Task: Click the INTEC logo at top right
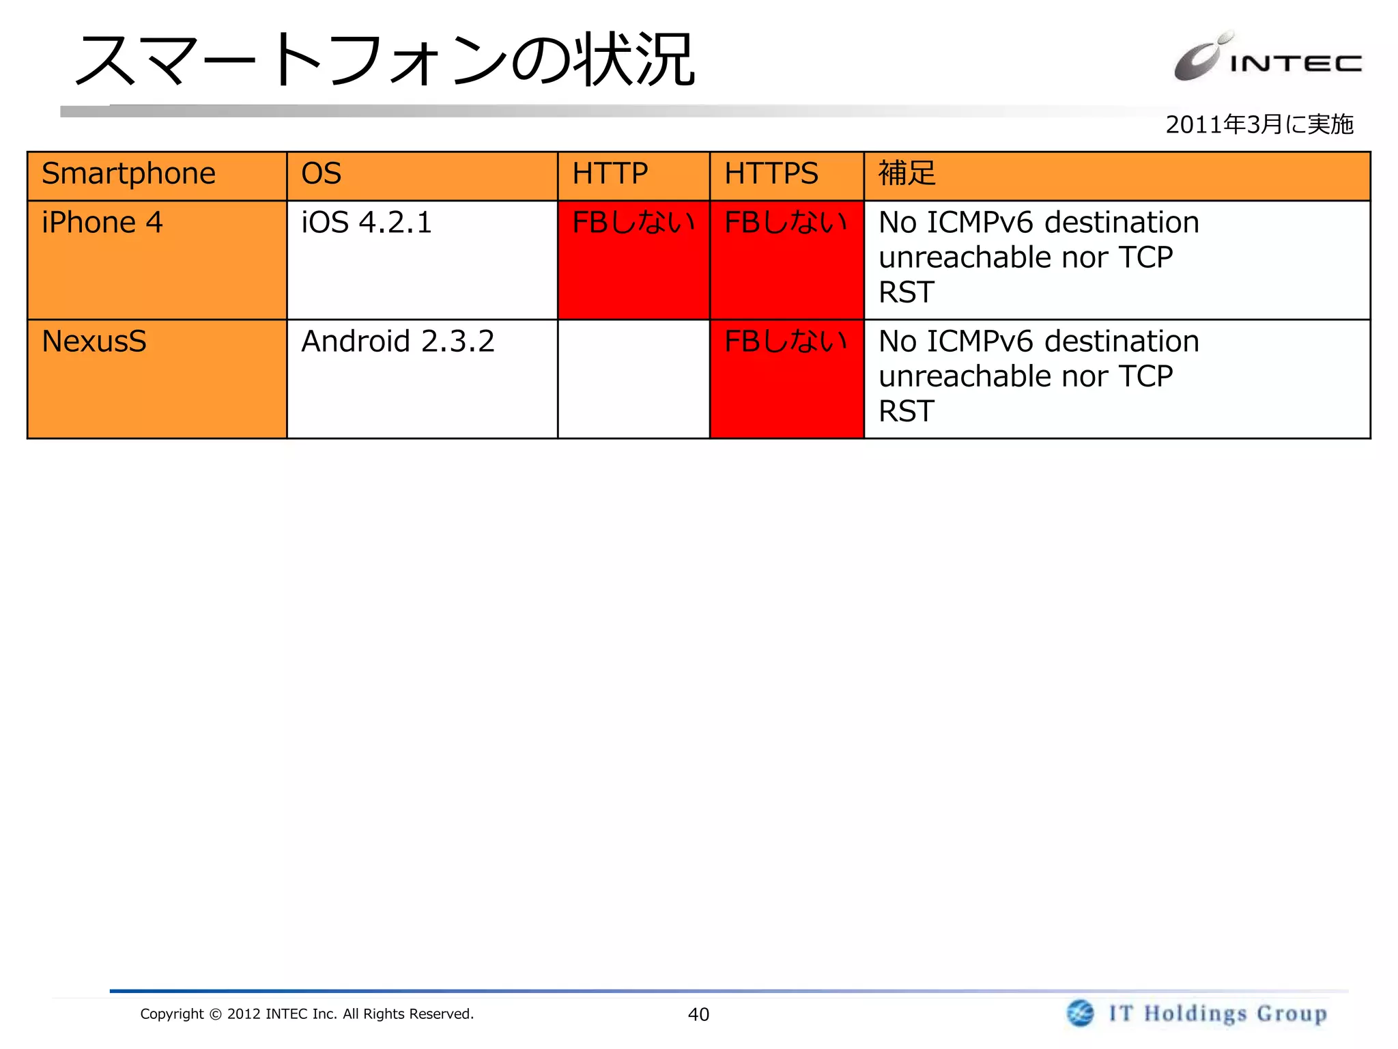click(1267, 58)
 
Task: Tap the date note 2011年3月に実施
click(1259, 124)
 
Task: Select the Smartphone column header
click(128, 173)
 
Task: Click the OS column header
click(321, 173)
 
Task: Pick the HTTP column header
click(610, 173)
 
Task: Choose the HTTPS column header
click(771, 173)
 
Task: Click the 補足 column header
click(907, 173)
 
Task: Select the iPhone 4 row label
click(102, 223)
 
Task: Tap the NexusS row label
click(94, 341)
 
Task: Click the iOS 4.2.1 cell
click(367, 223)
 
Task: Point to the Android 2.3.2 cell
click(398, 341)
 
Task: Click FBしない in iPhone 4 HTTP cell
click(633, 223)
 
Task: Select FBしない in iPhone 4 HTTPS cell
click(786, 223)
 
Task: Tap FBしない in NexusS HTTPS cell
click(786, 341)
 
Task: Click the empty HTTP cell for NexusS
click(633, 379)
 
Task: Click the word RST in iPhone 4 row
click(906, 293)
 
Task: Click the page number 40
click(698, 1014)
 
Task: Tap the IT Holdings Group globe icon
click(1081, 1013)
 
